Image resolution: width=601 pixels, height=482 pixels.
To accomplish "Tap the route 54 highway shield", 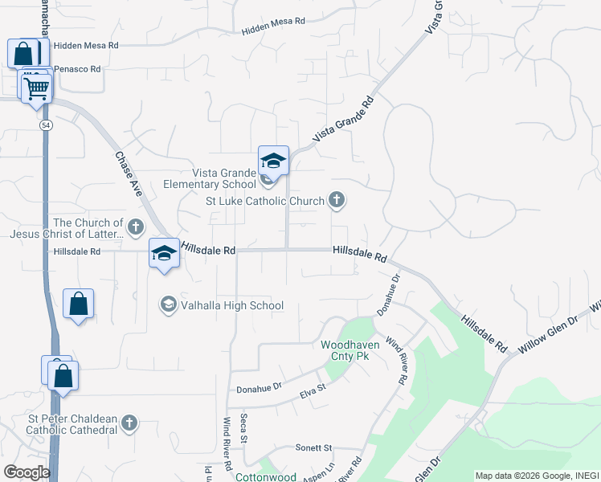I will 47,125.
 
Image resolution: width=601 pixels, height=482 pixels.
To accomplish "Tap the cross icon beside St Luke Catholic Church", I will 337,201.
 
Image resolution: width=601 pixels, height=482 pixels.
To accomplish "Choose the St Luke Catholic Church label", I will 264,201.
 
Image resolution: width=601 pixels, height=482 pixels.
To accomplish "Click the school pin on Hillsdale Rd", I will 164,255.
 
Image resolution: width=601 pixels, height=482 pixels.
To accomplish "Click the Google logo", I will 27,472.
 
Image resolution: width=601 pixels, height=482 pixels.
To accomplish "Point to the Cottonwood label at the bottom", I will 265,476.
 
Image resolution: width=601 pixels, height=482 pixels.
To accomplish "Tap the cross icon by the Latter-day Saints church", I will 136,227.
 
